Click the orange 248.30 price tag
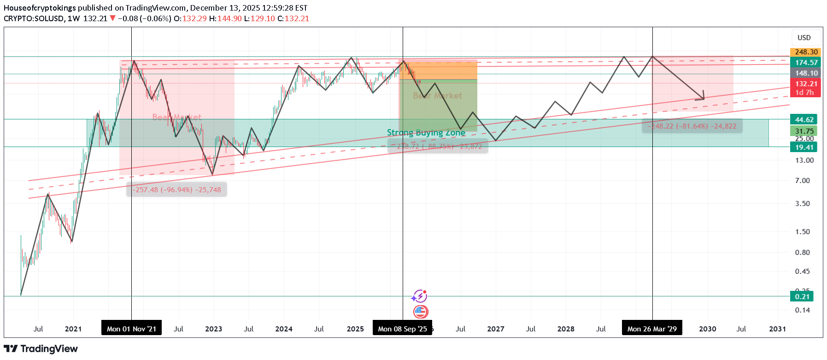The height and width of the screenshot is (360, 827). click(x=806, y=52)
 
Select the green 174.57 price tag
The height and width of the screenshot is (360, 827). click(x=806, y=63)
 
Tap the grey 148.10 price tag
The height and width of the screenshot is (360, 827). click(x=806, y=73)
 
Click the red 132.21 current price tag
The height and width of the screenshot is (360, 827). click(x=806, y=84)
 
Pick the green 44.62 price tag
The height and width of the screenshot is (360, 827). click(x=804, y=120)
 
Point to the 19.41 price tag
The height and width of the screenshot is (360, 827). click(x=804, y=148)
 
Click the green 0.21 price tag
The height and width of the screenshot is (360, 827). click(x=802, y=297)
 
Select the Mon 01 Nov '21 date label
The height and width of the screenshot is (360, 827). click(x=131, y=329)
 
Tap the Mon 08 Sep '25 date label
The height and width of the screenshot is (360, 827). click(x=402, y=329)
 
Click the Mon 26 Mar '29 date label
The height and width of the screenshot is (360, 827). click(x=652, y=329)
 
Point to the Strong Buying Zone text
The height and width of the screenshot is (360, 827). click(x=426, y=133)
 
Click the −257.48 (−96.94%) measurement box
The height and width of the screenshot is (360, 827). click(x=176, y=190)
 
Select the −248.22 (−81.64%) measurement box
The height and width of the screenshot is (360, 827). click(x=692, y=126)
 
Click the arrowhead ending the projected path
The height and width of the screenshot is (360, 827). click(x=703, y=98)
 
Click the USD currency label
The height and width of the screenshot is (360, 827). click(x=804, y=38)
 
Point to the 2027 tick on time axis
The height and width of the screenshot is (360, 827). click(x=495, y=329)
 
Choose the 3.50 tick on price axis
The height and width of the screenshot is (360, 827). click(x=802, y=204)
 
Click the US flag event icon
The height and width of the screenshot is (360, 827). click(x=420, y=312)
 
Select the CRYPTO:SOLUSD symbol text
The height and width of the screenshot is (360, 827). click(x=34, y=18)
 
